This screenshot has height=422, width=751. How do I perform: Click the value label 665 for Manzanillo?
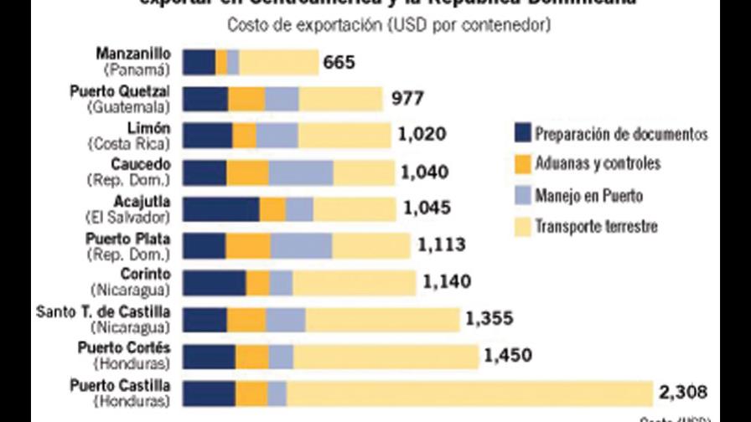coord(341,63)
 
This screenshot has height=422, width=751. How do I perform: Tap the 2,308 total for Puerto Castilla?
coord(683,392)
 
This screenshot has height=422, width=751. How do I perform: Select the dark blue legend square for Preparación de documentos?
coord(522,133)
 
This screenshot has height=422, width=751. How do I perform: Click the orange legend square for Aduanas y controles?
coord(522,163)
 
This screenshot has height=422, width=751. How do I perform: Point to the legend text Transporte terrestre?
coord(596,226)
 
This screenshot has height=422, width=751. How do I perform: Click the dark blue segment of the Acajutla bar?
coord(220,209)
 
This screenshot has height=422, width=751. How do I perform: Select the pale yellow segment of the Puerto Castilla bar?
coord(469,394)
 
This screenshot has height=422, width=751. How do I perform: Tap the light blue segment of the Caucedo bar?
coord(301,172)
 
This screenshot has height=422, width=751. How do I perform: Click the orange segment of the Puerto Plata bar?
coord(248,246)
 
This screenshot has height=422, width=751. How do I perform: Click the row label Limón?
coord(152,127)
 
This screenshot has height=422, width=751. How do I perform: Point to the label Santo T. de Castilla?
coord(103,311)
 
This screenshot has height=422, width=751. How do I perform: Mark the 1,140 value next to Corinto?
coord(447,282)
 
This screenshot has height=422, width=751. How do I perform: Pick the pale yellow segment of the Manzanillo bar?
coord(278,63)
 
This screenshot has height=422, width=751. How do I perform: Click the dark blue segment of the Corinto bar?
coord(214,283)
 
